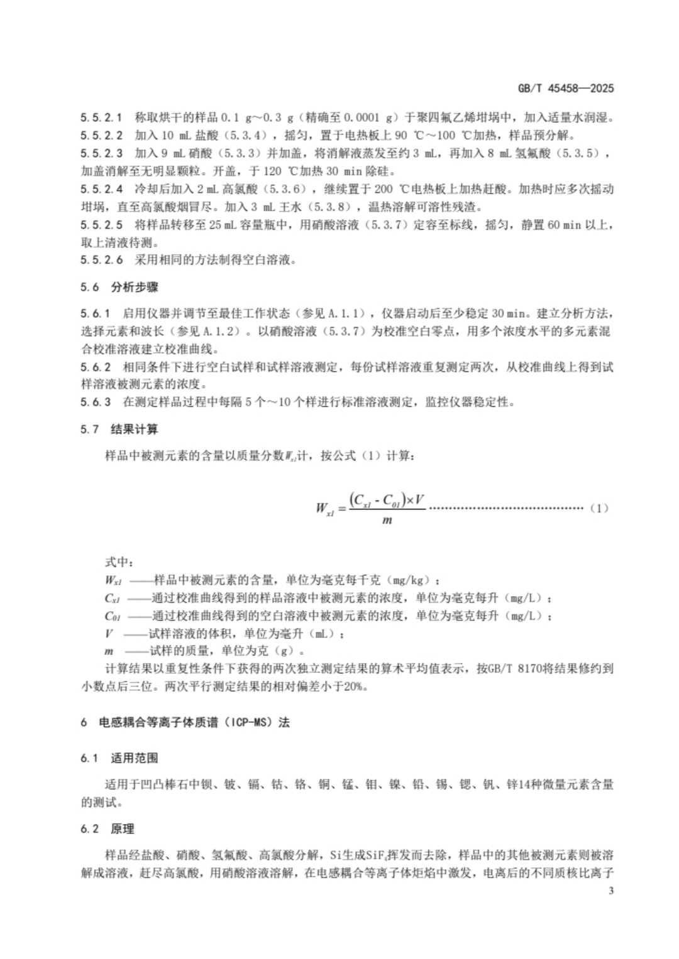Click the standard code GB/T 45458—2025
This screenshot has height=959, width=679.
tap(565, 89)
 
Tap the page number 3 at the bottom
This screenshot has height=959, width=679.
tap(611, 891)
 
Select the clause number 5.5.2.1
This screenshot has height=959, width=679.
tap(102, 117)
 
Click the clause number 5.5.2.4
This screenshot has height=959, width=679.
tap(102, 189)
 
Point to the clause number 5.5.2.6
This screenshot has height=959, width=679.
tap(102, 259)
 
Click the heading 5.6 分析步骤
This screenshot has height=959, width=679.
tap(119, 288)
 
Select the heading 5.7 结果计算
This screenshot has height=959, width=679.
tap(119, 430)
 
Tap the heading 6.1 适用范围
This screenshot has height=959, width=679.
tap(119, 758)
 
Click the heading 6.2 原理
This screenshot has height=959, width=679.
tap(108, 829)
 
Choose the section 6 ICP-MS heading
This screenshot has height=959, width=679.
tap(185, 722)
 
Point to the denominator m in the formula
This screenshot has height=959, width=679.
tap(387, 521)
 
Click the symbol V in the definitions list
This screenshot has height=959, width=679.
tap(109, 634)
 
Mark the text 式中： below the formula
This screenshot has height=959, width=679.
tap(118, 562)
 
